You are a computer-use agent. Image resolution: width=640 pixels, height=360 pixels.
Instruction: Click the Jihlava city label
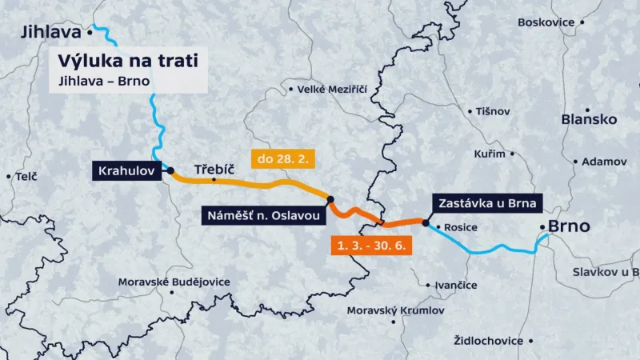coord(51,32)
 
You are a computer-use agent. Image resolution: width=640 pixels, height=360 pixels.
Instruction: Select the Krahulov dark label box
coord(128,170)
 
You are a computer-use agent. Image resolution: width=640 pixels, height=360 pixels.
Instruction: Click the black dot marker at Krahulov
coord(170,170)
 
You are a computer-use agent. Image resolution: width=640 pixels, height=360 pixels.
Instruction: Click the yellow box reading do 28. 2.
coord(285,159)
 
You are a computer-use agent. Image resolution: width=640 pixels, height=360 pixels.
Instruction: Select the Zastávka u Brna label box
coord(487,202)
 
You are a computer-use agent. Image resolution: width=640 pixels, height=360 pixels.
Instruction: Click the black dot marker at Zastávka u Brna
coord(426,224)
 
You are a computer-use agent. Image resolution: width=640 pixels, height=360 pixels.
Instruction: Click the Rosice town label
coord(460,227)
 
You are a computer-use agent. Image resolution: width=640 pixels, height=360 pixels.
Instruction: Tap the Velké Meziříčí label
coord(331,89)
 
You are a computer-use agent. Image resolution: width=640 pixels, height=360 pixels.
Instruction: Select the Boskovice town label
coord(546,22)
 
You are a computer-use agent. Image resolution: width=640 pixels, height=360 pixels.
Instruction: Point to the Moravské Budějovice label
coord(174,282)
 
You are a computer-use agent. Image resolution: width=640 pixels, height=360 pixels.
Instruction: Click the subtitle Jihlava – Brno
coord(104,81)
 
